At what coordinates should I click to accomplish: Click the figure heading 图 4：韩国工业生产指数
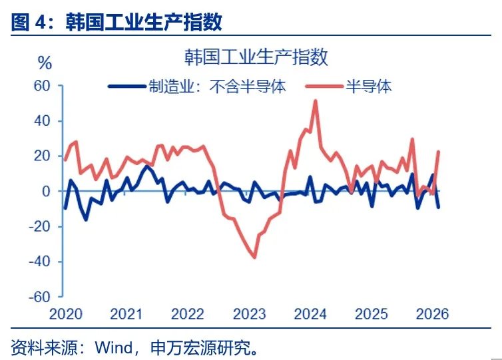(117, 23)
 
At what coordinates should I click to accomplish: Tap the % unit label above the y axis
(45, 64)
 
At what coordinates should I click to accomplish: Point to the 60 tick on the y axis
(42, 86)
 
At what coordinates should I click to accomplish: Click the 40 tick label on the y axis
(42, 121)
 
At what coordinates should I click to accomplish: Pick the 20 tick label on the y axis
(42, 156)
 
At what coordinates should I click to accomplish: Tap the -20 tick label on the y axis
(39, 226)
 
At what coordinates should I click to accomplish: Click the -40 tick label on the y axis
(39, 262)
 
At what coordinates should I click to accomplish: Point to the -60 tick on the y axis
(39, 297)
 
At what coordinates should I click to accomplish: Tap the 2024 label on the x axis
(310, 313)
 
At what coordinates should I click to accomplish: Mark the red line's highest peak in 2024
(315, 101)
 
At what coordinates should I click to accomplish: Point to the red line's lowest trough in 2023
(254, 257)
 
